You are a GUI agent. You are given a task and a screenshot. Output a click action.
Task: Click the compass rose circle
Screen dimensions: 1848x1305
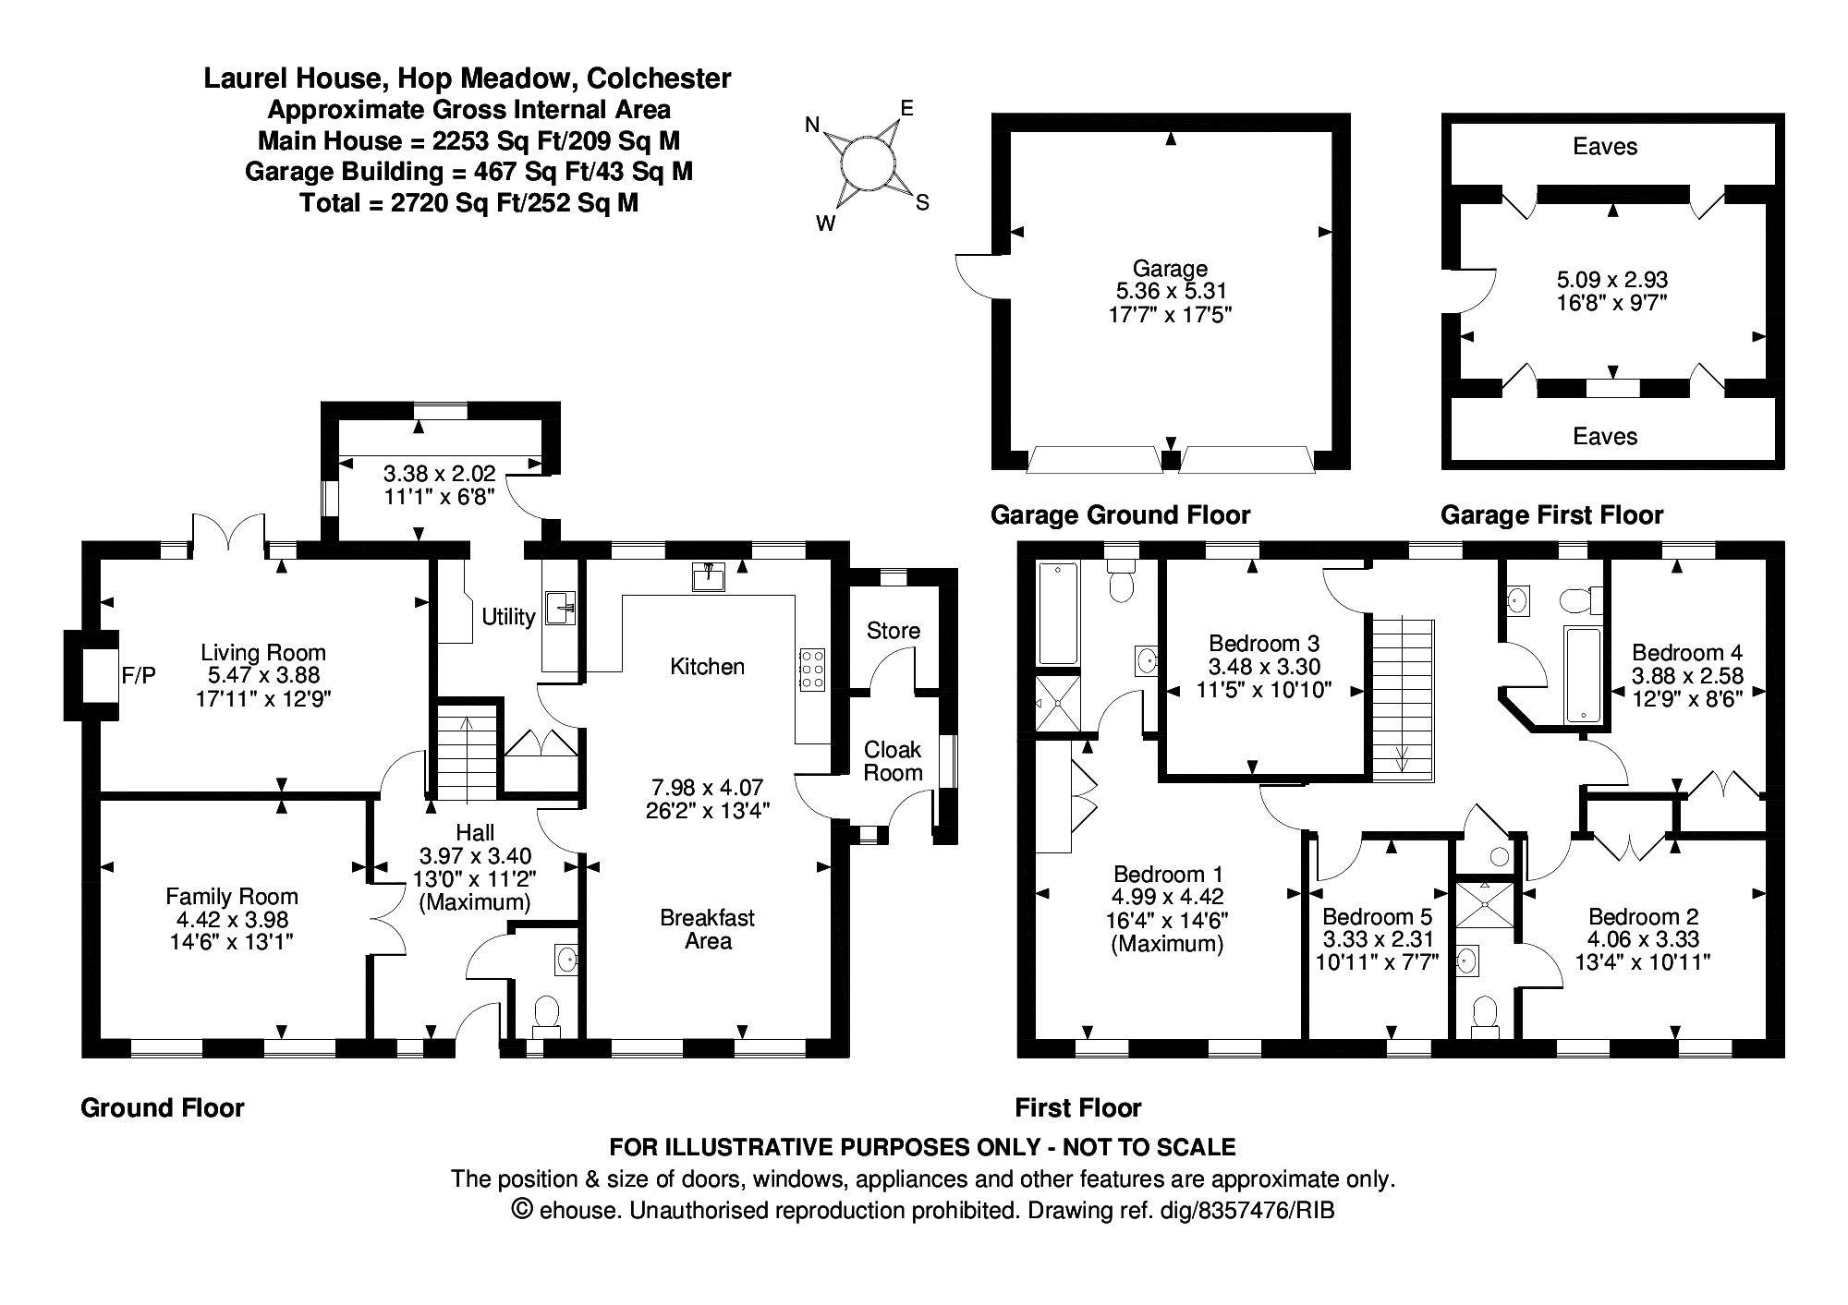(867, 163)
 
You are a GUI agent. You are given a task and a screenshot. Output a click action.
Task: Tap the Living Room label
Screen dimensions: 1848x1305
(263, 653)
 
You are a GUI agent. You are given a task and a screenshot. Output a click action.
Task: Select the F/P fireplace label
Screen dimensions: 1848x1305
(139, 676)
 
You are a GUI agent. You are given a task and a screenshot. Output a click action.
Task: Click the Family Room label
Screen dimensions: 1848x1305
(232, 896)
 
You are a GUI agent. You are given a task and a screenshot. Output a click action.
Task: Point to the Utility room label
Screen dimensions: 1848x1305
(508, 616)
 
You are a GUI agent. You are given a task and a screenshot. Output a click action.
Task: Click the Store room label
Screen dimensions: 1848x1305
(893, 631)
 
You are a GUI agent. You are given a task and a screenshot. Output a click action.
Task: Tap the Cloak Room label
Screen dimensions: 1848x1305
(893, 761)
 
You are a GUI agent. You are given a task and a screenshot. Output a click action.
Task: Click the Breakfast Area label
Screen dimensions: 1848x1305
(708, 929)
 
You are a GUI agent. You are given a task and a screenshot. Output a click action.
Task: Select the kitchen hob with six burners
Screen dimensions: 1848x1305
(811, 668)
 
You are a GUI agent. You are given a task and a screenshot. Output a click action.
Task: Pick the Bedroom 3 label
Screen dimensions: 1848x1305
(1264, 643)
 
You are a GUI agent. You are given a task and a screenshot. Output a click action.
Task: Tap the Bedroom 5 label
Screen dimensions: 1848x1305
(1377, 917)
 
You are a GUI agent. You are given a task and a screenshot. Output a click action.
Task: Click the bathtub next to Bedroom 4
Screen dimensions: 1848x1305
(1584, 674)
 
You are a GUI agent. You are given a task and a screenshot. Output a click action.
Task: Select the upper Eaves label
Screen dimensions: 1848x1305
(1605, 146)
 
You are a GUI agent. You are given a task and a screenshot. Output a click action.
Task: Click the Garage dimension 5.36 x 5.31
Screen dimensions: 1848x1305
(1171, 291)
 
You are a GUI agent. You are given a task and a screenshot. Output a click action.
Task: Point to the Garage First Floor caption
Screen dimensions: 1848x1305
(1551, 514)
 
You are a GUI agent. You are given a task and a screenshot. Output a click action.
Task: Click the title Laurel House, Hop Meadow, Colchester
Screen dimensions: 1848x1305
(468, 79)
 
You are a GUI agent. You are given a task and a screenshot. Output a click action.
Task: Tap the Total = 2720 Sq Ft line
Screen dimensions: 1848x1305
(468, 203)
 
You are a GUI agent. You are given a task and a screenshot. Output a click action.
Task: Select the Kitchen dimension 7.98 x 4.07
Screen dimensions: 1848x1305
(708, 788)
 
